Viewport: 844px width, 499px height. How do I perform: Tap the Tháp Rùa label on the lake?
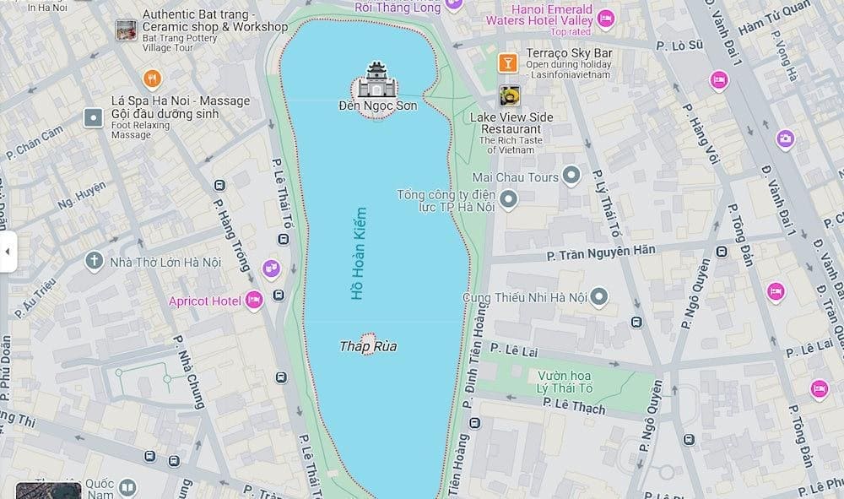(368, 346)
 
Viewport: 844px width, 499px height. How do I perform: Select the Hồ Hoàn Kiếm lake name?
(360, 253)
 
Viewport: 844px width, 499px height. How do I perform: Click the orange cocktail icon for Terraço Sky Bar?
(507, 62)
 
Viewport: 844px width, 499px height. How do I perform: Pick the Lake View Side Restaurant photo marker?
(509, 95)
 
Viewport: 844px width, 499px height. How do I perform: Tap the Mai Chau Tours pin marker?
(572, 176)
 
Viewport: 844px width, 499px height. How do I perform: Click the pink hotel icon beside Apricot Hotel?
(254, 300)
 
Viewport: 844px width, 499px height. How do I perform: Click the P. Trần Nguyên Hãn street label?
(601, 251)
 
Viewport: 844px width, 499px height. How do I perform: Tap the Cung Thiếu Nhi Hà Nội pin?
(598, 296)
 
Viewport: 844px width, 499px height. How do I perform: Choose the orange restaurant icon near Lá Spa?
(152, 79)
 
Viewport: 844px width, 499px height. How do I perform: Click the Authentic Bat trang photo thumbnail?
(127, 30)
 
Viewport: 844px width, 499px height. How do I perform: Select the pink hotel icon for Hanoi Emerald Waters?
(605, 18)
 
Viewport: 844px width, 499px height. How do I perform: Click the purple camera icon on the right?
(785, 138)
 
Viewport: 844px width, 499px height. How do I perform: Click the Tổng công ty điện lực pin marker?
(508, 200)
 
